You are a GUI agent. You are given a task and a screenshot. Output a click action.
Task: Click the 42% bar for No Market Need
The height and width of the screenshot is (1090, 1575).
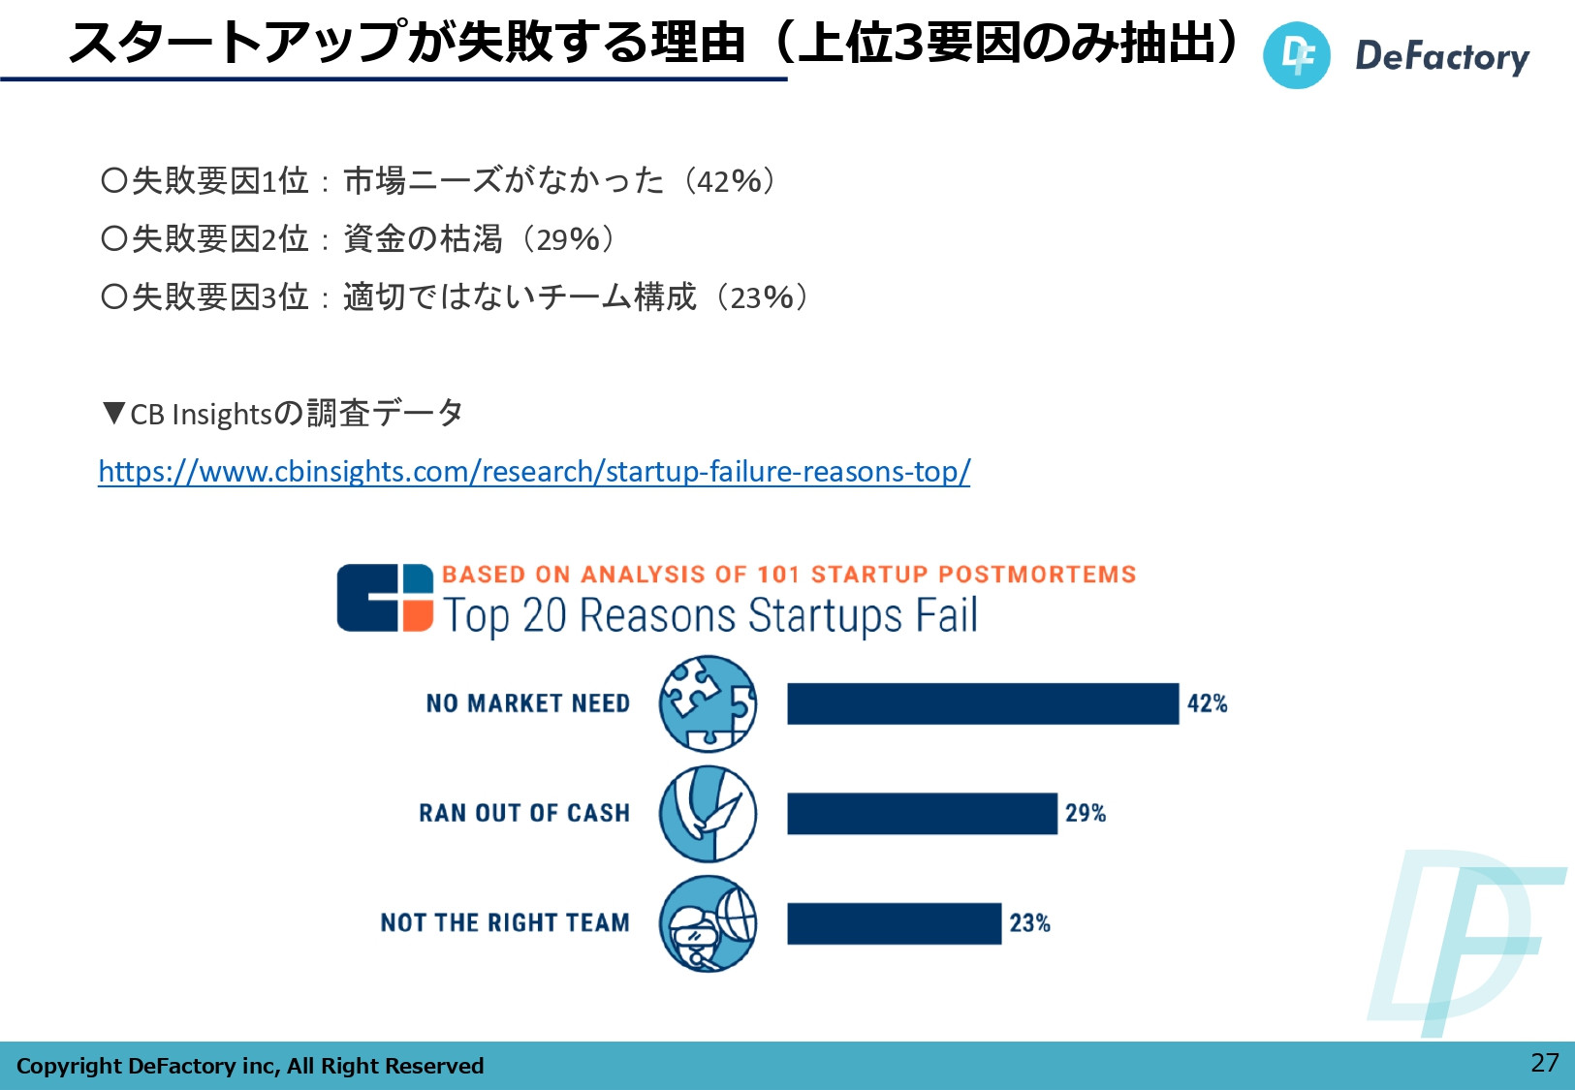[982, 703]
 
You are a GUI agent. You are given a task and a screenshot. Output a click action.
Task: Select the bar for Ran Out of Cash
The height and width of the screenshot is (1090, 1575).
[922, 813]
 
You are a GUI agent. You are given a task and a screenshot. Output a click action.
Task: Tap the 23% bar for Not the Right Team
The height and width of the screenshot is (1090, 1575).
[894, 923]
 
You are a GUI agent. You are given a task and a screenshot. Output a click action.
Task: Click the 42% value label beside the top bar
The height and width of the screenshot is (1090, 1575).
[1207, 703]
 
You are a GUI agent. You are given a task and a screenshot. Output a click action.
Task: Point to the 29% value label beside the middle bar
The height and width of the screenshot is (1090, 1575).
[1086, 813]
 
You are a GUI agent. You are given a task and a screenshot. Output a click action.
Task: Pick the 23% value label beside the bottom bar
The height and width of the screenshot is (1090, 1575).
[1029, 923]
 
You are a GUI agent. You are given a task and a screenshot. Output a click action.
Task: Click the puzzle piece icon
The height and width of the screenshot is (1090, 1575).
[708, 703]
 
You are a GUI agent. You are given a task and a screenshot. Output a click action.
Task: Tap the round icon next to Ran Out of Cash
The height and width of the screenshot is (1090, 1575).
[708, 813]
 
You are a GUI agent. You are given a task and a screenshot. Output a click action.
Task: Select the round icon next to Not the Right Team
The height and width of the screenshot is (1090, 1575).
[708, 923]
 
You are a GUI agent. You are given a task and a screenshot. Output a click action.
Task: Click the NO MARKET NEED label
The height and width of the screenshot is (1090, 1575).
[528, 703]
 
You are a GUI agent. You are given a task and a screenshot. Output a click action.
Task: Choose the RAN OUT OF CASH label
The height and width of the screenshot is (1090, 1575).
[524, 813]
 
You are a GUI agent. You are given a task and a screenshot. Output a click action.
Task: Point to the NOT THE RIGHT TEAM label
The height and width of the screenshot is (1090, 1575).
[505, 923]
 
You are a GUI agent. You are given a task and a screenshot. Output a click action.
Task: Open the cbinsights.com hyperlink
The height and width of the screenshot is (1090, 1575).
[534, 472]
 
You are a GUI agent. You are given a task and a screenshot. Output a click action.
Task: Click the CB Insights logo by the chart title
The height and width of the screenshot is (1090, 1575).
[385, 598]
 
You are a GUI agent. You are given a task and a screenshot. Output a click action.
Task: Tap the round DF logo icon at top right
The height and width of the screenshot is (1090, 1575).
[1296, 55]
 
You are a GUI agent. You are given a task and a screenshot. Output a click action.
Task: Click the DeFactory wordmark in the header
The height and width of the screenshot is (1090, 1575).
[1441, 56]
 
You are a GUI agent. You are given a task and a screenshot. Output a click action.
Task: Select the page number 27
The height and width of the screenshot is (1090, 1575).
[1544, 1063]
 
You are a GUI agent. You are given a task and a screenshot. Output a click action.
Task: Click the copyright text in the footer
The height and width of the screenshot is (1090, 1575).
[250, 1066]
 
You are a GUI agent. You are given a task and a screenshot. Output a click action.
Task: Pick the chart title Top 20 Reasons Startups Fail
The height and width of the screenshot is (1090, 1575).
[710, 616]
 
